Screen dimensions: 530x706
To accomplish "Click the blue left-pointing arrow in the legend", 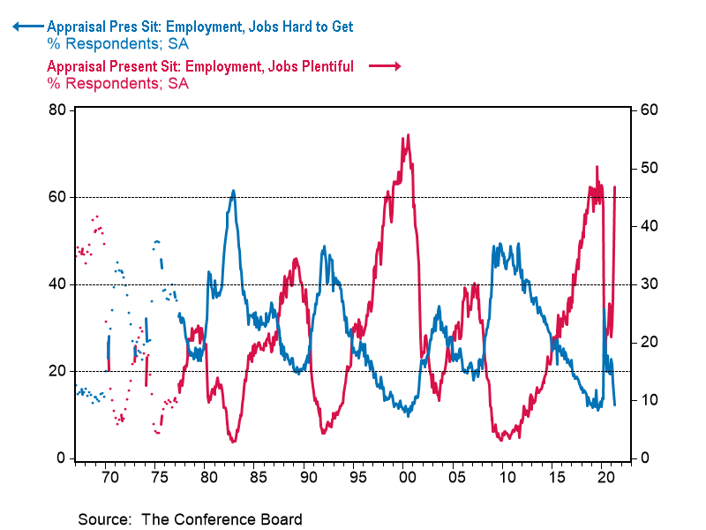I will point(26,26).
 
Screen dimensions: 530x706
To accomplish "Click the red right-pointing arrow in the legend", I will point(386,66).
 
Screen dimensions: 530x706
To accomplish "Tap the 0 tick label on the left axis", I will point(61,458).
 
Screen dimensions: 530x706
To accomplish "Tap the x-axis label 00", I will point(406,477).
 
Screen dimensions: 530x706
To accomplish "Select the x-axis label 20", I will point(605,477).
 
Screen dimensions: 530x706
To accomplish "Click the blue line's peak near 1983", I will point(233,190).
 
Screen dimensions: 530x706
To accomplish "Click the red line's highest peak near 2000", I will point(407,135).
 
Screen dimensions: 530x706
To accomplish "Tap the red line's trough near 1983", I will point(233,441).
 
